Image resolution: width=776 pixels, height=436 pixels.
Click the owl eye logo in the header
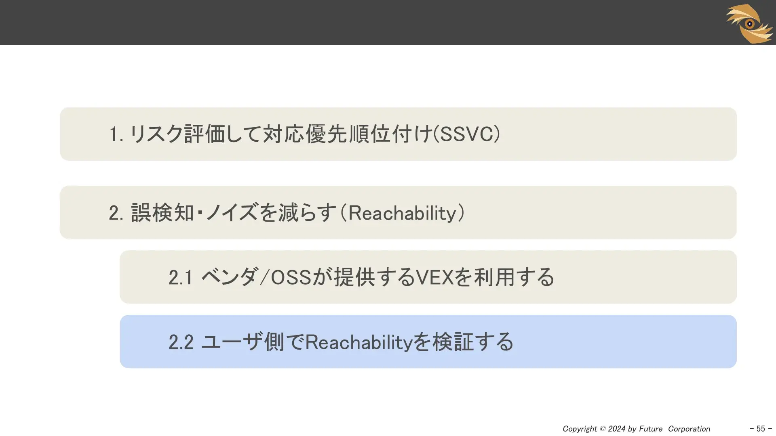(x=750, y=23)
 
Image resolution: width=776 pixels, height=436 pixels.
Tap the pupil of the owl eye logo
(x=750, y=24)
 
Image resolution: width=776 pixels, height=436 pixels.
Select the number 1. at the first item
(x=116, y=134)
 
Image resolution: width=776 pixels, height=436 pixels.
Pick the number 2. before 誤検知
(x=116, y=213)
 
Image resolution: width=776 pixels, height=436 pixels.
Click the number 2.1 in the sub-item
(x=180, y=277)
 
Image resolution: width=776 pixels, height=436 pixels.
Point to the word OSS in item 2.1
(x=291, y=277)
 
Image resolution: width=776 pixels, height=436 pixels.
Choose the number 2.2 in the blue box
(x=181, y=342)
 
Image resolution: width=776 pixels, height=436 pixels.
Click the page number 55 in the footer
(x=761, y=429)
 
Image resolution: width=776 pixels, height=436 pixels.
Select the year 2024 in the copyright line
(x=617, y=429)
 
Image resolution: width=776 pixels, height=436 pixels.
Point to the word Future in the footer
(x=650, y=429)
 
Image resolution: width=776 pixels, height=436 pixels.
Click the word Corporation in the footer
(x=689, y=429)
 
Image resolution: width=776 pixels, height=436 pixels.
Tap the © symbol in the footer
(x=603, y=429)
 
